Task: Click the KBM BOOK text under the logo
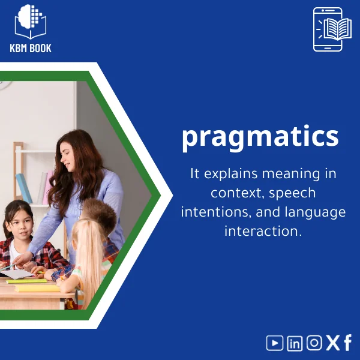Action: coord(31,48)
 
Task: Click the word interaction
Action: coord(262,231)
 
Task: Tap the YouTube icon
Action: coord(275,343)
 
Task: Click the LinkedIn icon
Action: coord(295,343)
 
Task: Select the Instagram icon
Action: coord(314,343)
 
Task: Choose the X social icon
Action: coord(332,343)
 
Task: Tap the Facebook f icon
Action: coord(347,343)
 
